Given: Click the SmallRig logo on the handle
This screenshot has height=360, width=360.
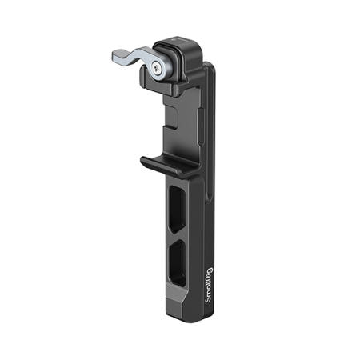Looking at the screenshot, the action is point(209,285).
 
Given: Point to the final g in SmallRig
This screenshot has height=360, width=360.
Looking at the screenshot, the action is point(210,270).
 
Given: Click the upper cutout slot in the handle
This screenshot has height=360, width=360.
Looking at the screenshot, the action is point(177,209).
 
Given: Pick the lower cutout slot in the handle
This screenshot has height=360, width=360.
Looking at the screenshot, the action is point(178,262).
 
